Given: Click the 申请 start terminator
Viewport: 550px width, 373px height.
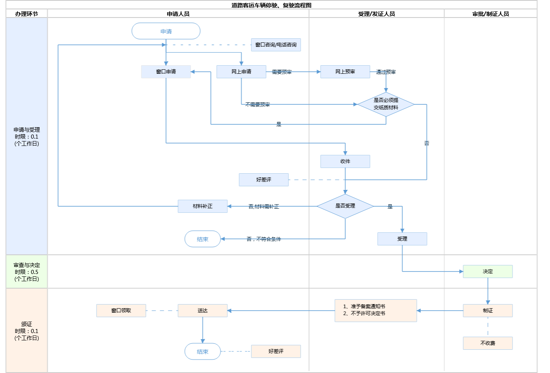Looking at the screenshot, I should pos(166,31).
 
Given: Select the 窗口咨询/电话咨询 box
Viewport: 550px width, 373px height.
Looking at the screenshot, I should pos(276,45).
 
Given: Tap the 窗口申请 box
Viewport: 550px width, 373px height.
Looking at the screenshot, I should pos(166,72).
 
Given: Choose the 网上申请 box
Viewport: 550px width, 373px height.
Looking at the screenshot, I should pos(241,72).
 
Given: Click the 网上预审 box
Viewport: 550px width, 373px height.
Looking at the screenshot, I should pos(345,72).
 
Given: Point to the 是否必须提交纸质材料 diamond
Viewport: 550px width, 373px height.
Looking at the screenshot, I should pos(386,104).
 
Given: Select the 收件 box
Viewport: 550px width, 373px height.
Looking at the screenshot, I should pos(345,161).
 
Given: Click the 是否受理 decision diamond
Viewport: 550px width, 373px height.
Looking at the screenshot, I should pos(345,206).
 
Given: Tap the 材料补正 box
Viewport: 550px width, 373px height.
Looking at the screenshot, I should pos(202,206).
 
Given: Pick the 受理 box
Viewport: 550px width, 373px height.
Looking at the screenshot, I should pos(402,239).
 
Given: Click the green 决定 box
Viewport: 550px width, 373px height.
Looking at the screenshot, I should pos(488,271).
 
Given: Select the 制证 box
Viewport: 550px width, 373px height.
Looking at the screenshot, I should pos(488,311).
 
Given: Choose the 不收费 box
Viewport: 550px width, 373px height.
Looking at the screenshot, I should pos(488,343).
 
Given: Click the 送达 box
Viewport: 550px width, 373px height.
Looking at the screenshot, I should pos(202,311).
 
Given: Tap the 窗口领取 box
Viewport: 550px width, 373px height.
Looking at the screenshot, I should pos(121,311).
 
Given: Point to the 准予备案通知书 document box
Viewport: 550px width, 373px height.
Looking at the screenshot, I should pos(376,310).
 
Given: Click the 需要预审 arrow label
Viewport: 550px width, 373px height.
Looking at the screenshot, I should pos(282,72).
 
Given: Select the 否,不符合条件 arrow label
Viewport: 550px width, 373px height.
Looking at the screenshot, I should pos(264,239).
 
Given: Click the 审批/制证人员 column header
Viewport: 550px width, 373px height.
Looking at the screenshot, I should pos(491,14).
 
